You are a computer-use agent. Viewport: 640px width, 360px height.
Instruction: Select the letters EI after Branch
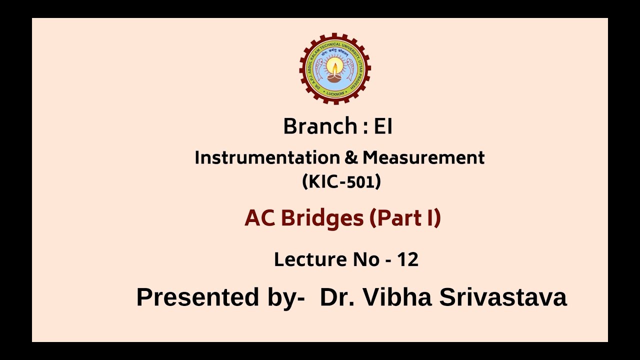tap(383, 126)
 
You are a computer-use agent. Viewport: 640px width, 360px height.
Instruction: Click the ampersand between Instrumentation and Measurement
tap(348, 158)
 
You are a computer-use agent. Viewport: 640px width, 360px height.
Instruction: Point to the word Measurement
tap(423, 158)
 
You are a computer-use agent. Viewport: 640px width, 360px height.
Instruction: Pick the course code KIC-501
tap(341, 182)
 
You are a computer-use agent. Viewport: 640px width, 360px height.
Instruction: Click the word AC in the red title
tap(259, 218)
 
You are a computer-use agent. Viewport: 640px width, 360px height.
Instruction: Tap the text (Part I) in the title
tap(405, 218)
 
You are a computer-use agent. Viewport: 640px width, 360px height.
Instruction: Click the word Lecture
tap(306, 259)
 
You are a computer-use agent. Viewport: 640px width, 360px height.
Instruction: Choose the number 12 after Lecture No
tap(407, 259)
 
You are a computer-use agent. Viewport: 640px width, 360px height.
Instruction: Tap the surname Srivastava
tap(503, 297)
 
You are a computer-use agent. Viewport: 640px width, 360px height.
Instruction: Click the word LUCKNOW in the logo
tap(335, 93)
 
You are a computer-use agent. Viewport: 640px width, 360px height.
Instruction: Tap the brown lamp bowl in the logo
tap(335, 77)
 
